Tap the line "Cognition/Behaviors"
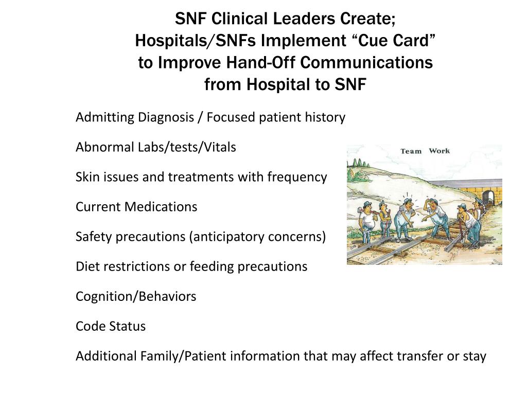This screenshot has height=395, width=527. click(136, 296)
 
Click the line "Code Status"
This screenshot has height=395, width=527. click(111, 326)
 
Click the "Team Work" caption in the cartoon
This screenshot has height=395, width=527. click(425, 151)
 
